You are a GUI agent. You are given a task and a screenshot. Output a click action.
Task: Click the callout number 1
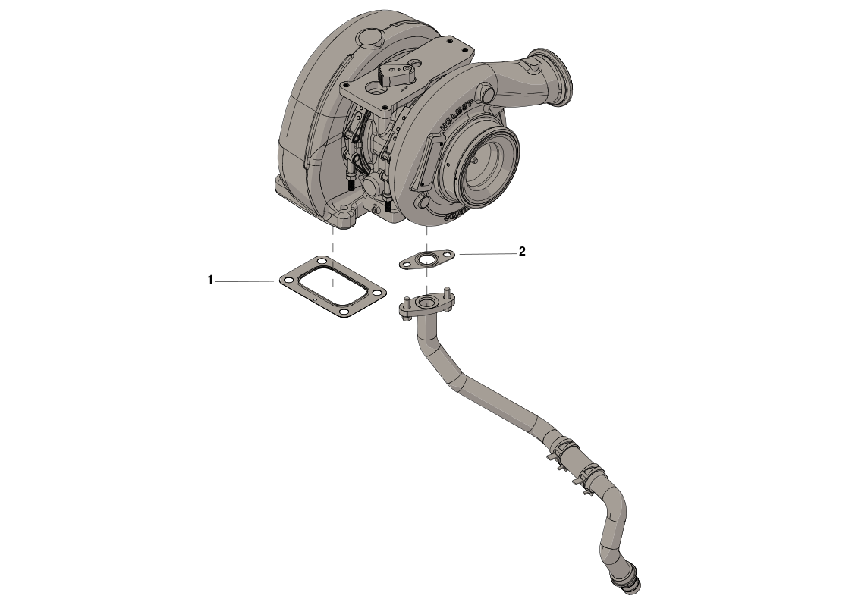[x=210, y=281]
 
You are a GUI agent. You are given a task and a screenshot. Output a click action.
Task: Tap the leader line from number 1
[x=244, y=281]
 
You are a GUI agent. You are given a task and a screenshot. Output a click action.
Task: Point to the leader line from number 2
[x=486, y=253]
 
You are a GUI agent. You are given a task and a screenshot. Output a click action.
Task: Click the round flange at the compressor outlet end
[x=552, y=78]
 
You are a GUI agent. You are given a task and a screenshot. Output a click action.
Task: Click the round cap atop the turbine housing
[x=370, y=37]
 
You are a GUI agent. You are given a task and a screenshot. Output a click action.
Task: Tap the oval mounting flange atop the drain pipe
[x=426, y=307]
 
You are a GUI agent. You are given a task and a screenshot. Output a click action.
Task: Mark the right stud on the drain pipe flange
[x=448, y=294]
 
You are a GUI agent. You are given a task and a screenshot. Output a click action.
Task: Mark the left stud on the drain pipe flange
[x=407, y=302]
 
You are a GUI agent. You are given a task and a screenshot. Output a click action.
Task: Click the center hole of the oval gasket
[x=428, y=260]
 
